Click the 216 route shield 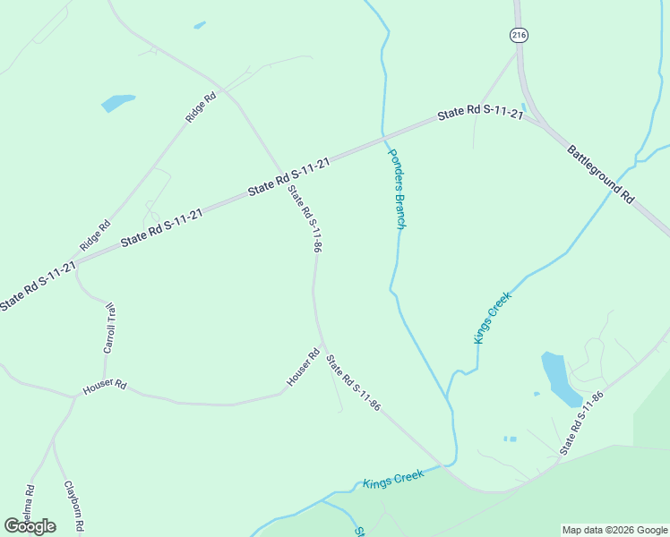coord(519,35)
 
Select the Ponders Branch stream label coord(397,188)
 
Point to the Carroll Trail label coord(110,328)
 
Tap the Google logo coord(30,525)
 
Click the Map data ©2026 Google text coord(615,530)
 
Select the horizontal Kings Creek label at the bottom coord(393,481)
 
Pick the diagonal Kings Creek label coord(492,318)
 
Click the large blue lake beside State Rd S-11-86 coord(559,379)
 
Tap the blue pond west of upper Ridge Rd coord(118,102)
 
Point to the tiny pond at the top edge coord(199,25)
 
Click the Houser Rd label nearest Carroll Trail coord(105,388)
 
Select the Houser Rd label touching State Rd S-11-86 coord(303,368)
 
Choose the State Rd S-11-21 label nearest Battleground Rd coord(480,114)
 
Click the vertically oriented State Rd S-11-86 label coord(305,218)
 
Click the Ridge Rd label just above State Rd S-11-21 coord(94,234)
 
